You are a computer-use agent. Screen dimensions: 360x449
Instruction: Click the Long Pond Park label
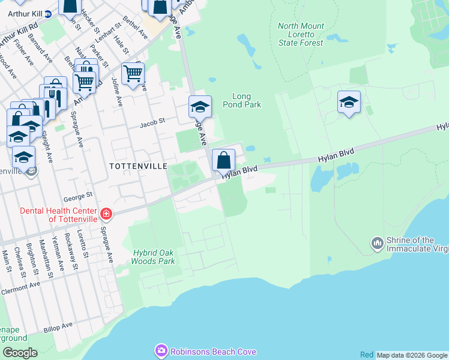tap(246, 100)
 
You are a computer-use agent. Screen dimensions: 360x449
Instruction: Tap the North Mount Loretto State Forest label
tap(301, 34)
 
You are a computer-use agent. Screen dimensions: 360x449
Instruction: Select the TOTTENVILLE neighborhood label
tap(137, 165)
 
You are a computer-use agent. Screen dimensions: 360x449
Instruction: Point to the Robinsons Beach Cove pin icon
tap(161, 351)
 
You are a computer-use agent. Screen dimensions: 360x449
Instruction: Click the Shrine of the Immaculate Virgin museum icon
tap(378, 242)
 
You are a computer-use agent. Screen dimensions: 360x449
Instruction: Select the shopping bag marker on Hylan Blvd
tap(223, 161)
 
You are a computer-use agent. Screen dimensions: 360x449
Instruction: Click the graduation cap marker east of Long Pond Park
tap(348, 103)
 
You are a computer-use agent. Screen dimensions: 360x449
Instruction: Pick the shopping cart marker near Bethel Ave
tap(133, 74)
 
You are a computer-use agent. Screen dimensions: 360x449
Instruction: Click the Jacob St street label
tap(152, 124)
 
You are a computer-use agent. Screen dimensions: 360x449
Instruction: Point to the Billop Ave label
tap(58, 327)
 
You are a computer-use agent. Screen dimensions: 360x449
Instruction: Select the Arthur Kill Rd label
tap(19, 35)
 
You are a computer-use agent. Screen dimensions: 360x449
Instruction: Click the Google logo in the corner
tap(19, 352)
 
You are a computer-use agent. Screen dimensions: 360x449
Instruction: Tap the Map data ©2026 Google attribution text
tap(412, 355)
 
